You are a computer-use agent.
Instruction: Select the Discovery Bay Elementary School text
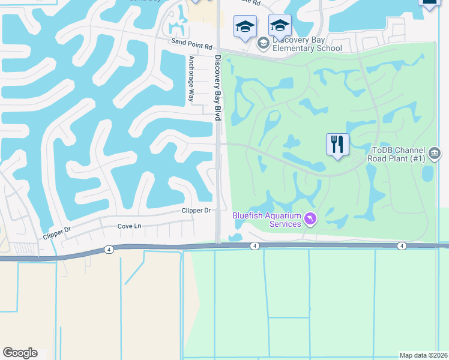[307, 44]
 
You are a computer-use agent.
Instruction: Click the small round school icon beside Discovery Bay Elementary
[263, 43]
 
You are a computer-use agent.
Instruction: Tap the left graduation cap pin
[244, 27]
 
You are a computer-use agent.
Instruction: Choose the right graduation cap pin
[280, 26]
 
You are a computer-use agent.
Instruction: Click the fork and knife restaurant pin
[337, 145]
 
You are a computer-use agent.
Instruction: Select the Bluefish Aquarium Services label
[267, 219]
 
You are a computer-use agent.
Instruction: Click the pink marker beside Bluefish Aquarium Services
[310, 218]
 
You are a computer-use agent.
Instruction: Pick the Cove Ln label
[129, 226]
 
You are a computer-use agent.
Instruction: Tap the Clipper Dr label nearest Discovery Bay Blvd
[196, 211]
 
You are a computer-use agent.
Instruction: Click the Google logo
[20, 353]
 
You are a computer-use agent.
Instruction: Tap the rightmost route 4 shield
[402, 246]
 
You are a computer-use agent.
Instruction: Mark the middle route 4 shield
[255, 246]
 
